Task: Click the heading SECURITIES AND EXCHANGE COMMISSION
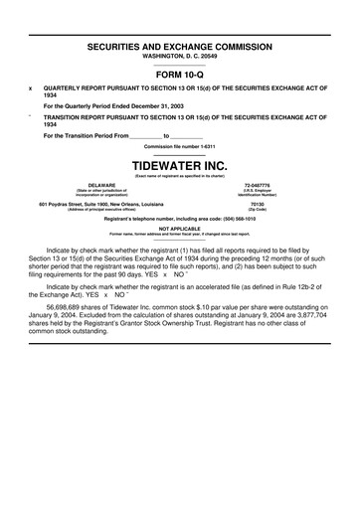point(179,47)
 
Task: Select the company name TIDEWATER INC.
point(179,164)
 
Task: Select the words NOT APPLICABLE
point(179,228)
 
